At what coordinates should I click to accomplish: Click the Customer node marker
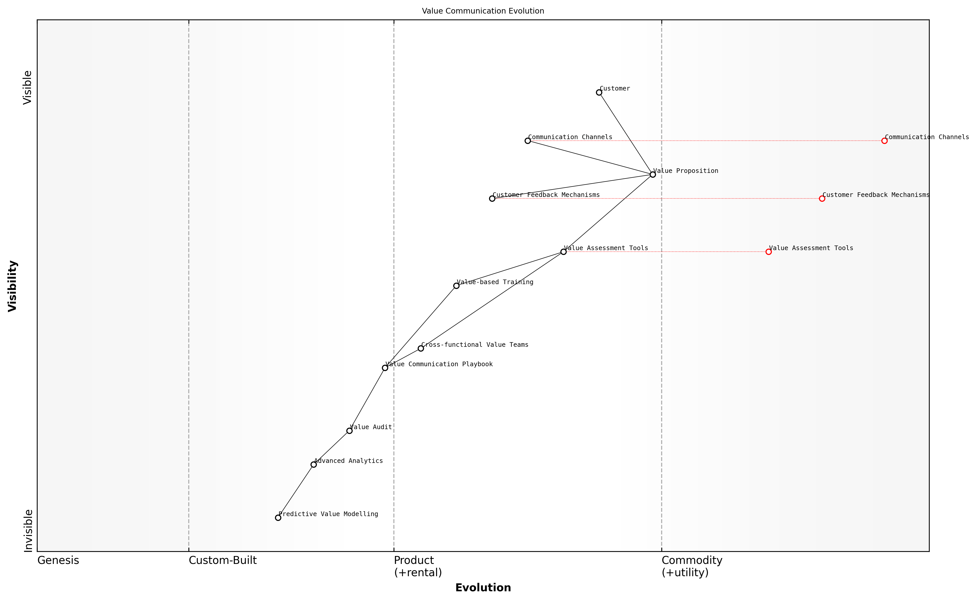point(599,93)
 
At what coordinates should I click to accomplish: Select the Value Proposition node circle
point(653,174)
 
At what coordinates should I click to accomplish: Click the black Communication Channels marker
point(527,141)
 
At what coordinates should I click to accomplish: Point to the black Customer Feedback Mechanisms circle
point(492,199)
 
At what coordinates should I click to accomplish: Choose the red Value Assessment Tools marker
point(768,252)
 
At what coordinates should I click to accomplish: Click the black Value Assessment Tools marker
point(563,252)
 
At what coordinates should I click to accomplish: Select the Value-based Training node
point(456,286)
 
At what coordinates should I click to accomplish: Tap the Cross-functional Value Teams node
point(420,349)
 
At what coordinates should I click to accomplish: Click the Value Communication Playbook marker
point(385,368)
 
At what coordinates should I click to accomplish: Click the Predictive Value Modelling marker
point(278,518)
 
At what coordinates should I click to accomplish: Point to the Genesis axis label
point(58,560)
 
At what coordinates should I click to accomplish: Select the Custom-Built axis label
point(223,560)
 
